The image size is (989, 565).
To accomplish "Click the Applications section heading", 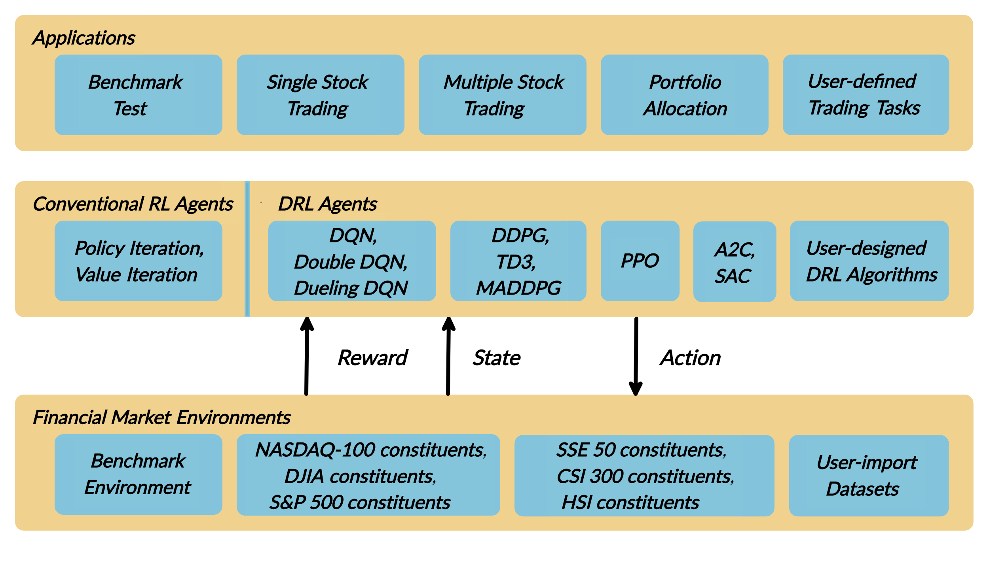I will (84, 38).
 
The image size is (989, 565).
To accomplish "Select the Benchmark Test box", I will (138, 95).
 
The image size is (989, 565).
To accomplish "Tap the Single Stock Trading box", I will (320, 95).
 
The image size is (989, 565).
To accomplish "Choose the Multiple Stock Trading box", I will (502, 95).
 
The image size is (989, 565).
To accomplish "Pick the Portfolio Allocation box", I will (684, 95).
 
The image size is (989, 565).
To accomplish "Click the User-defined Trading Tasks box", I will (866, 95).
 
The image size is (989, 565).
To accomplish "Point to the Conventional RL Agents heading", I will (133, 204).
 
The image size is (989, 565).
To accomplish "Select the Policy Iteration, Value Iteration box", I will (138, 261).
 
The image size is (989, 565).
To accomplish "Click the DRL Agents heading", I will (327, 204).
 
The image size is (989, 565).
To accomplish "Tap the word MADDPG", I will (518, 288).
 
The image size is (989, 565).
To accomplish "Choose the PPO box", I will (640, 261).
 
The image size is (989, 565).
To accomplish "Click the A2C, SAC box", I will (735, 262).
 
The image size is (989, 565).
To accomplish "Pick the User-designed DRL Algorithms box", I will (869, 261).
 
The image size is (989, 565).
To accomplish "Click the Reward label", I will (373, 358).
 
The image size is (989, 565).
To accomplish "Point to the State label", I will (497, 358).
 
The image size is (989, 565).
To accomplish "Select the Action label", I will (691, 358).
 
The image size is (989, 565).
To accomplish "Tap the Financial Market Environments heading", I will (161, 418).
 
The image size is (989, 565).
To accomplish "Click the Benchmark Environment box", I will (138, 474).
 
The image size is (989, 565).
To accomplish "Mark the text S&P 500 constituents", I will (360, 503).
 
